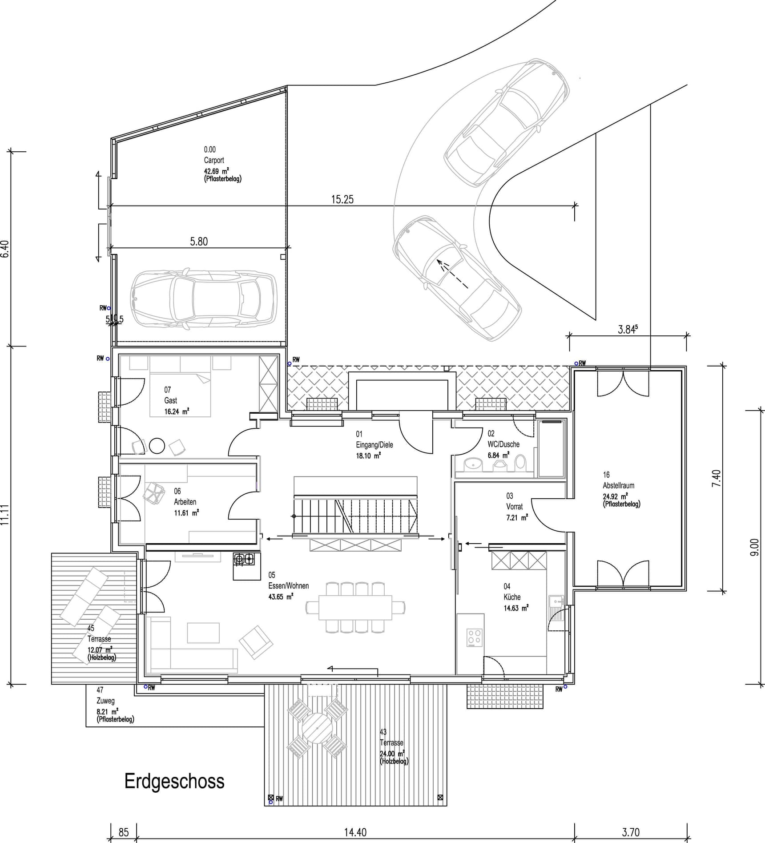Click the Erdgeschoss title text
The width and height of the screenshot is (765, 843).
pyautogui.click(x=174, y=781)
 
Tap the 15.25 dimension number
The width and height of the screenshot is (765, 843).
pyautogui.click(x=342, y=199)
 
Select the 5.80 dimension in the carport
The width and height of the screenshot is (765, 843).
pyautogui.click(x=199, y=242)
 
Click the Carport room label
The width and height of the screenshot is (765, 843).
pyautogui.click(x=214, y=160)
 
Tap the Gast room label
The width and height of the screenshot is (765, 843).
pyautogui.click(x=170, y=400)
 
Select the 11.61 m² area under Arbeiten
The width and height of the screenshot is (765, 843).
pyautogui.click(x=186, y=513)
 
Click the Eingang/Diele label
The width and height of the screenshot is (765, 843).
pyautogui.click(x=374, y=444)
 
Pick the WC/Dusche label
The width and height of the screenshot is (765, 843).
pyautogui.click(x=503, y=444)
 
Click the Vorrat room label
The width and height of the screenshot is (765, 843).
pyautogui.click(x=514, y=506)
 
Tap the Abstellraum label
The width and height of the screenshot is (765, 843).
pyautogui.click(x=618, y=485)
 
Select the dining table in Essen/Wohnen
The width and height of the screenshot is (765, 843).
pyautogui.click(x=355, y=607)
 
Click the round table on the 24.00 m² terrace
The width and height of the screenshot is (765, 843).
pyautogui.click(x=317, y=728)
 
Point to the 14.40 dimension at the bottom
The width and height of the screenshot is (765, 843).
pyautogui.click(x=355, y=832)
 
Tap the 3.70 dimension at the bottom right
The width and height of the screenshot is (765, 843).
pyautogui.click(x=630, y=832)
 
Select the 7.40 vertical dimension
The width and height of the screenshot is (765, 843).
pyautogui.click(x=716, y=478)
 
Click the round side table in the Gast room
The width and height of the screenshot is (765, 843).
pyautogui.click(x=157, y=445)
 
